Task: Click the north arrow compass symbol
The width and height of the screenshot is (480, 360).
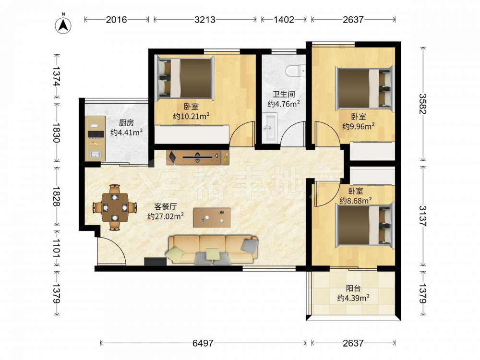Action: tap(63, 24)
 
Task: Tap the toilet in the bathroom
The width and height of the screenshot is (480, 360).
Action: tap(295, 71)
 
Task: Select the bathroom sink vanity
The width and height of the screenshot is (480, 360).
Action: tap(270, 127)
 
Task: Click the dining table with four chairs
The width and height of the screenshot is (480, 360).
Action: tap(115, 207)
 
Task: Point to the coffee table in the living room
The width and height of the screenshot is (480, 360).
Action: tap(212, 217)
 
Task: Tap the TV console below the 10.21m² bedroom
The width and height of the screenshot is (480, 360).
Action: tap(198, 157)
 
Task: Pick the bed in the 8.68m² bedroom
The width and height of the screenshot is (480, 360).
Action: tap(365, 225)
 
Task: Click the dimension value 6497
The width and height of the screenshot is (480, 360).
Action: tap(203, 343)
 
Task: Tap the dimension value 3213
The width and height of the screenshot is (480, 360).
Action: tap(205, 20)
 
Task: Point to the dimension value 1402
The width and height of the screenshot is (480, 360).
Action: tap(284, 20)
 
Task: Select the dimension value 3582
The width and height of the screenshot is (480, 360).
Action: tap(423, 104)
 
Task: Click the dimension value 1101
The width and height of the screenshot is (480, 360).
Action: tap(57, 248)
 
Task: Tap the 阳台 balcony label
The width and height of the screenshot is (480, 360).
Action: tap(353, 288)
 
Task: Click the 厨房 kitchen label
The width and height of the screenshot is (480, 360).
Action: tap(126, 123)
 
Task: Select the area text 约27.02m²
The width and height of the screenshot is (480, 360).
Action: tap(166, 216)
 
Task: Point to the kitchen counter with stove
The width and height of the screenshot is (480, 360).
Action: tap(95, 138)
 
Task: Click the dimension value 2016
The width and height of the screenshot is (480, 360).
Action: tap(116, 20)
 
